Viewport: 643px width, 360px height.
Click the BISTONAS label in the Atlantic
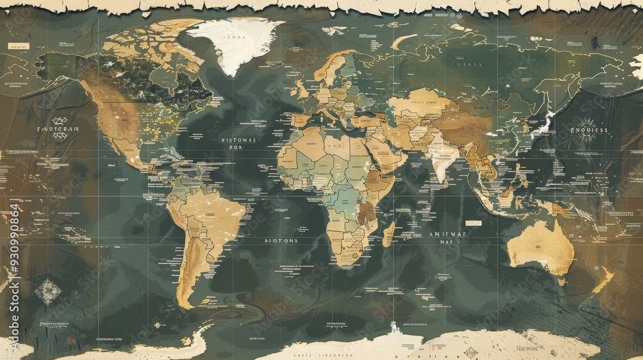tap(239, 139)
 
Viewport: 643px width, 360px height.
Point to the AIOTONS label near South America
tap(281, 240)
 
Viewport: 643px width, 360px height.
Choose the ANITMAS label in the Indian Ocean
tap(448, 235)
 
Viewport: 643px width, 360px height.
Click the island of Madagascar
tap(388, 234)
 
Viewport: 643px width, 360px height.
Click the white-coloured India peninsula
tap(441, 161)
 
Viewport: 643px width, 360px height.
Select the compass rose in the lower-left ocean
tap(48, 291)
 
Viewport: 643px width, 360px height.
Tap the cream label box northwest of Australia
tap(473, 223)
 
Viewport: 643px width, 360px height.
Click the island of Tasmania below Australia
tap(561, 281)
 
